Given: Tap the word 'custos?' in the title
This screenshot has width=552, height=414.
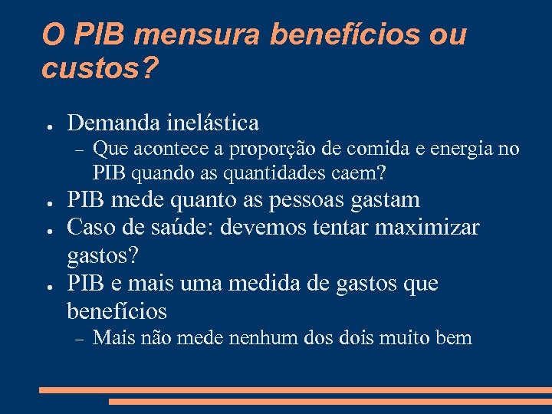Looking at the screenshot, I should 100,69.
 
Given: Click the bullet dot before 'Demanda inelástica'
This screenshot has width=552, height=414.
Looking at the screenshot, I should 48,124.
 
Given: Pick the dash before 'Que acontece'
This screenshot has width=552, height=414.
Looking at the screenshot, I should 76,149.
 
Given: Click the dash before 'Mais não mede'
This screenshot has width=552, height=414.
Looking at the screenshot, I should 76,338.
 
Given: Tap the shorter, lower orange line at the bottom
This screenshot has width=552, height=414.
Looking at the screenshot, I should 330,401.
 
